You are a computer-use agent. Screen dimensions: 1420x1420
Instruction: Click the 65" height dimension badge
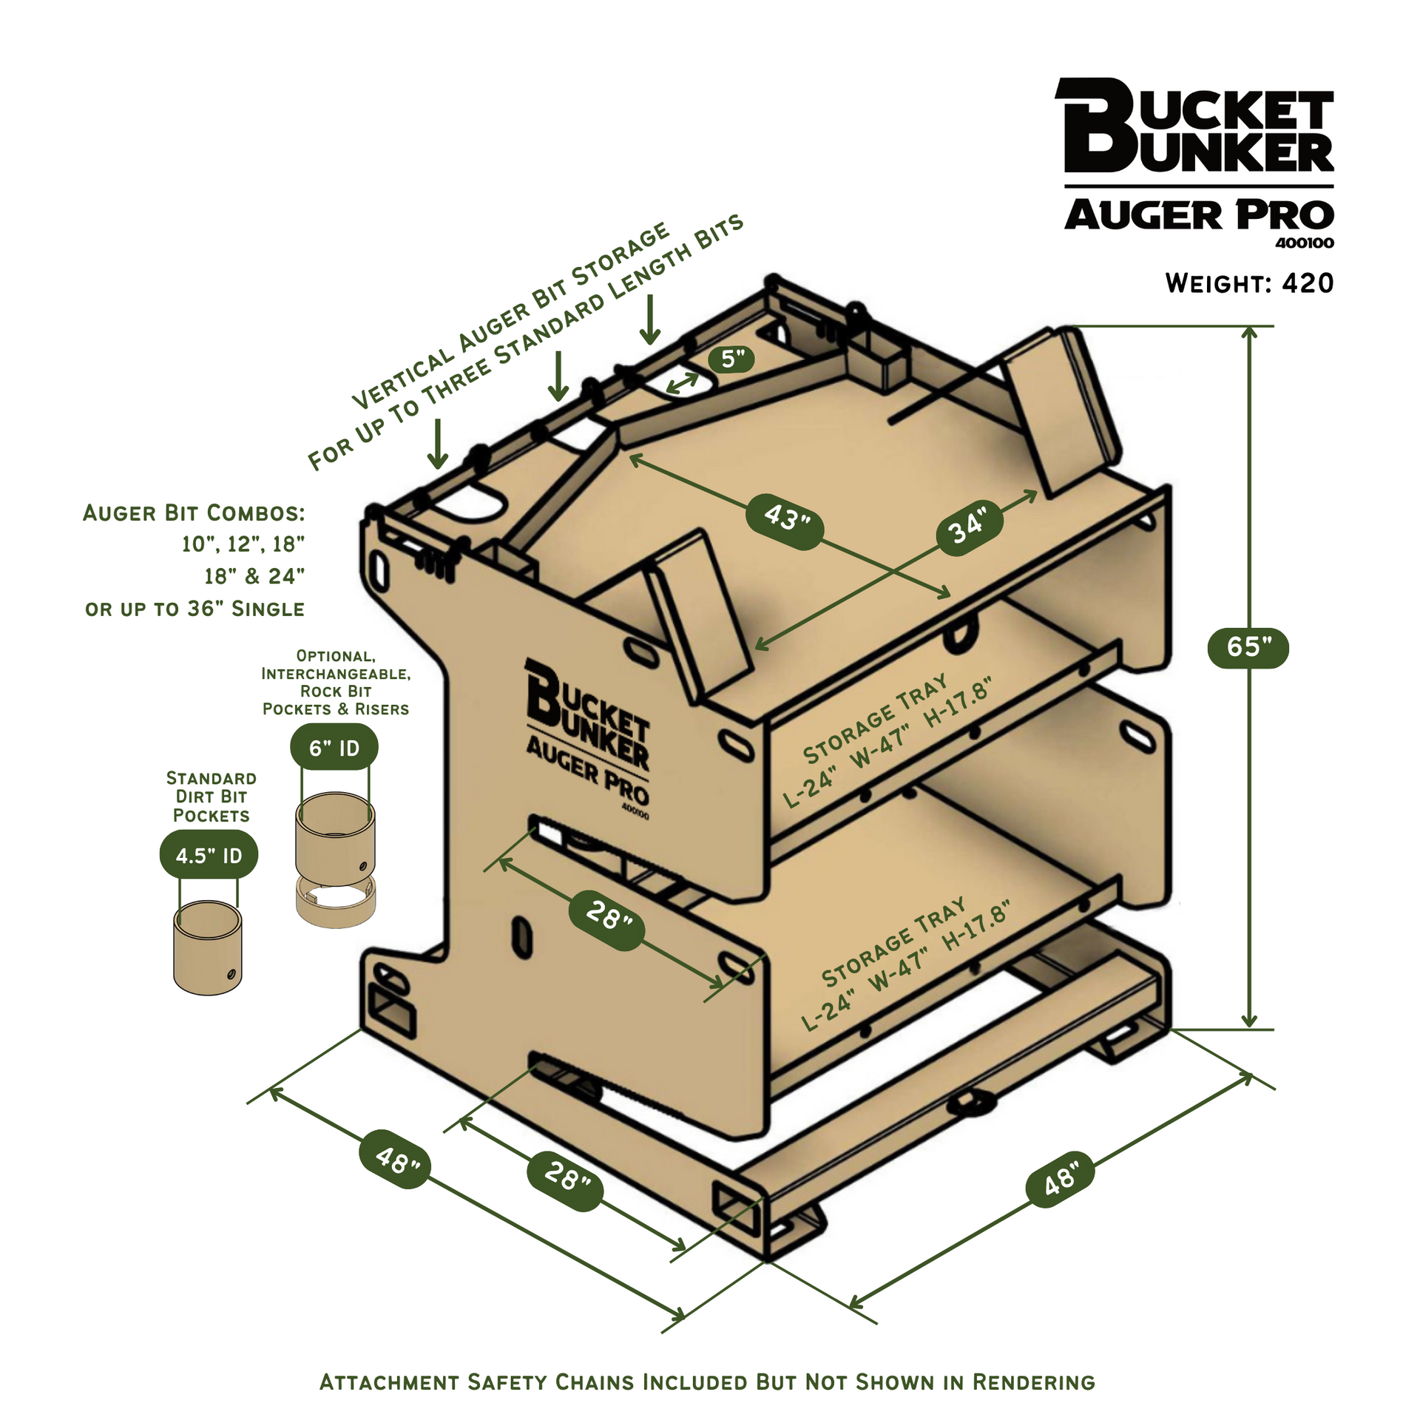point(1248,648)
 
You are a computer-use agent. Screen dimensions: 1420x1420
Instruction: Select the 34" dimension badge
point(970,527)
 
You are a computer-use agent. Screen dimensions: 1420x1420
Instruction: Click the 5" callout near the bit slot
point(731,359)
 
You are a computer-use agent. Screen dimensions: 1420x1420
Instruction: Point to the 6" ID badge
point(334,748)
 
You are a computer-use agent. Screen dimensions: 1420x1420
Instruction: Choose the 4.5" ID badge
point(209,856)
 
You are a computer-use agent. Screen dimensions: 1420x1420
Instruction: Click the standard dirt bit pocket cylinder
point(208,947)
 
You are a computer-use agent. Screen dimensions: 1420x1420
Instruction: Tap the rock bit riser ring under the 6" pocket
point(336,900)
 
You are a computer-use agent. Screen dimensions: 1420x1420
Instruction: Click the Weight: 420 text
point(1249,283)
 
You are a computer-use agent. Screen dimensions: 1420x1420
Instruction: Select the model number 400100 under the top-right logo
point(1304,243)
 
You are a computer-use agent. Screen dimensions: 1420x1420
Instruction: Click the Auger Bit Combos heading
point(194,513)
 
